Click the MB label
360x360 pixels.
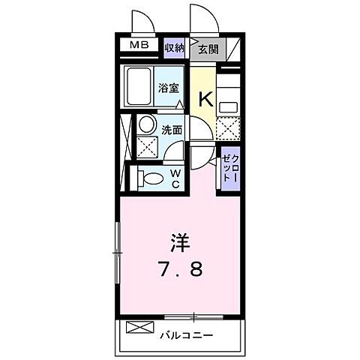[x=140, y=46]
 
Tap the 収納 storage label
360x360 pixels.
[x=174, y=47]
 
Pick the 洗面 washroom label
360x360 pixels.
[x=172, y=129]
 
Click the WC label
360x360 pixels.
[x=174, y=178]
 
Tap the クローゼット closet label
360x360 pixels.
[x=229, y=170]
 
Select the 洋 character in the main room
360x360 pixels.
[x=181, y=242]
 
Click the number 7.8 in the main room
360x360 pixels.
[x=180, y=267]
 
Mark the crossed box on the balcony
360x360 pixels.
[x=139, y=326]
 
